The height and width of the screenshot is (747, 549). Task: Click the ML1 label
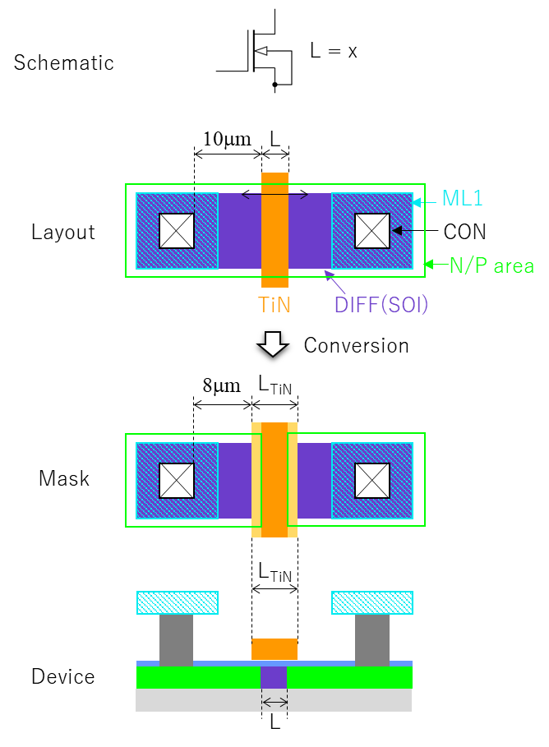(x=462, y=198)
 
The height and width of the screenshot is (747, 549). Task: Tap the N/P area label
(x=491, y=265)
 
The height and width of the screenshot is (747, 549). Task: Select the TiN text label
(x=274, y=305)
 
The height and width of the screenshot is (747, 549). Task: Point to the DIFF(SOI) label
(x=381, y=305)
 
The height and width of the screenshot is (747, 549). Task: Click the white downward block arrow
(x=273, y=344)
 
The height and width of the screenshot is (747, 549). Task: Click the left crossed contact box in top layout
(x=177, y=231)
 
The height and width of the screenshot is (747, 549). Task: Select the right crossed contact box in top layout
(x=372, y=231)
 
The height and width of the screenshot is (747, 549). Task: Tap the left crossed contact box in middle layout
(x=177, y=481)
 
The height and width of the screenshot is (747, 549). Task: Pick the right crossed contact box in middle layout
(x=372, y=481)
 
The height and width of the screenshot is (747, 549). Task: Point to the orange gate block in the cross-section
(x=274, y=649)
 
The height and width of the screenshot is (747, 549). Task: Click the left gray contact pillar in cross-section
(x=176, y=639)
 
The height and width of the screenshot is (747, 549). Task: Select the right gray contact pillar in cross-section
(x=371, y=639)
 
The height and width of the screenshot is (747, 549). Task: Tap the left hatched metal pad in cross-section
(x=178, y=602)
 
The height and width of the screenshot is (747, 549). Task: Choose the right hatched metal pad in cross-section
(x=372, y=602)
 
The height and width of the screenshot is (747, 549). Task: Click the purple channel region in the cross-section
(x=274, y=677)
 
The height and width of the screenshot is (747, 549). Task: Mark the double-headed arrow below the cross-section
(x=274, y=702)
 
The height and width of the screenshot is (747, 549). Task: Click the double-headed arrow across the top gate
(x=274, y=195)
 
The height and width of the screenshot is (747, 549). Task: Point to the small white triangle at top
(x=261, y=51)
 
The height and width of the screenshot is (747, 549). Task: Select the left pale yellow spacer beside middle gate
(x=256, y=480)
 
